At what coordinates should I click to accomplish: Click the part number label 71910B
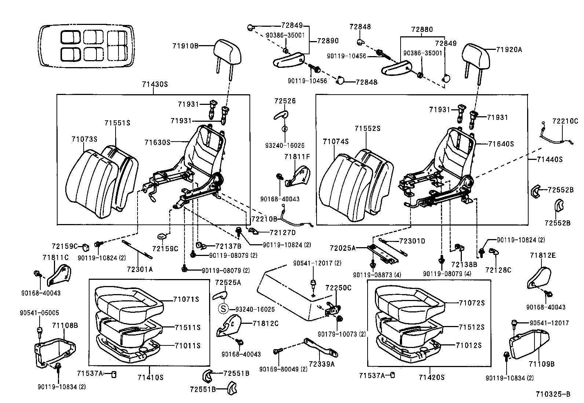pos(185,46)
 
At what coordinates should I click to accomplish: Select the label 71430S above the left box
pos(154,84)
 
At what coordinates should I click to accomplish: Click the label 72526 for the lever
pos(285,101)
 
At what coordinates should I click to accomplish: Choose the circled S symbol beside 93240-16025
pos(223,309)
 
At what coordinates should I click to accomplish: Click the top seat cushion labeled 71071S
pos(128,297)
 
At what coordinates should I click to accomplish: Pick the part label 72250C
pos(339,288)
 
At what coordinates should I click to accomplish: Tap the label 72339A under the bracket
pos(321,364)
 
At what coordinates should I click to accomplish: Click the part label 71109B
pos(541,364)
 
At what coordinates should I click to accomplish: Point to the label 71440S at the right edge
pos(550,160)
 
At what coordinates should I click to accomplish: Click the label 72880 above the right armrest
pos(422,29)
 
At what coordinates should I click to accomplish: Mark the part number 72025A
pos(343,248)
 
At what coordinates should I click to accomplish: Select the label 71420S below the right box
pos(432,377)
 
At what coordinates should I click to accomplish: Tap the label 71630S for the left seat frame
pos(157,142)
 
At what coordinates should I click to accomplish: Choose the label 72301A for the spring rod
pos(139,269)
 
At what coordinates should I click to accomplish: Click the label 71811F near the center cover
pos(297,157)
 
